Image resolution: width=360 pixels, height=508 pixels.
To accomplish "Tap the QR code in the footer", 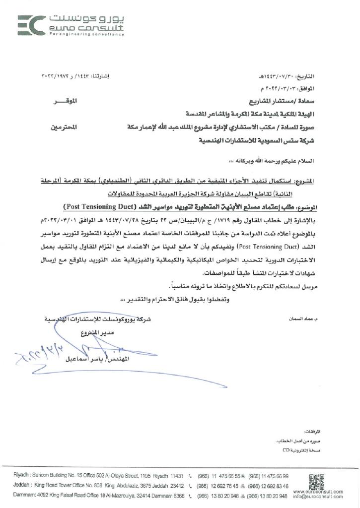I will click(314, 481).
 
